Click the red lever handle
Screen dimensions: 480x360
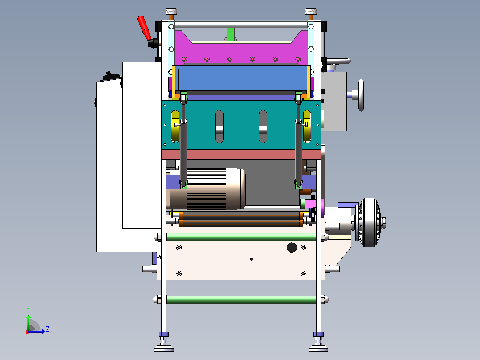click(x=143, y=28)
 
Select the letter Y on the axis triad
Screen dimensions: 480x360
click(x=28, y=310)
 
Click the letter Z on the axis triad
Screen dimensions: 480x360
click(x=48, y=329)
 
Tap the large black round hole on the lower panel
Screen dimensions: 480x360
click(x=292, y=248)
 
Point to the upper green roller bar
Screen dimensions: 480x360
click(x=241, y=237)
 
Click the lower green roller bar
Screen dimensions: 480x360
click(x=241, y=300)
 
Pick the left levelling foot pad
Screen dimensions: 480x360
click(x=164, y=348)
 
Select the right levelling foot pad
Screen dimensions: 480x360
click(x=318, y=348)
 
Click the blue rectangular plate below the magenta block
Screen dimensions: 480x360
click(x=241, y=79)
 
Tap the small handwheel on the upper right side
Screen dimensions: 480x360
click(x=361, y=95)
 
